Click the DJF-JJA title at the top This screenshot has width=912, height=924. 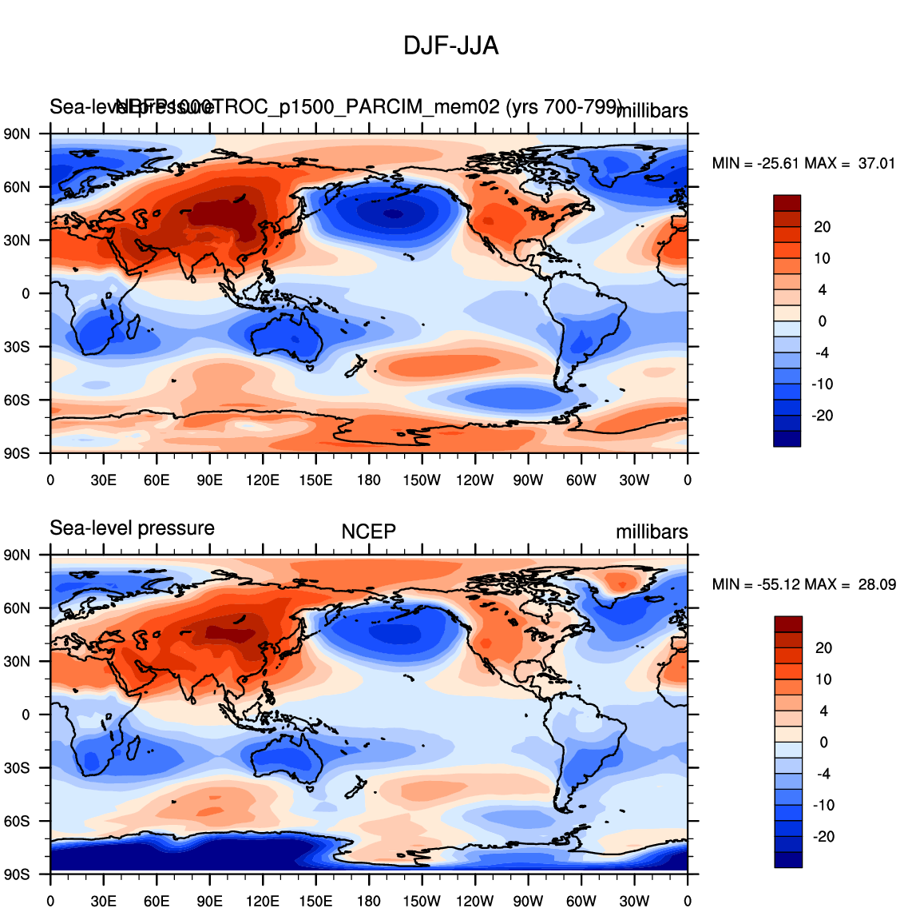[x=450, y=46]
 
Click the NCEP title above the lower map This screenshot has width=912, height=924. [x=368, y=532]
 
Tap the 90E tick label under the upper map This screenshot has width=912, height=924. [x=209, y=480]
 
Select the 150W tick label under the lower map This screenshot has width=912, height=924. [x=421, y=902]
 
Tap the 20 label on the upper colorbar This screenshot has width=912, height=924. [x=823, y=227]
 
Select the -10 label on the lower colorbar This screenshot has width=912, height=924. [x=823, y=805]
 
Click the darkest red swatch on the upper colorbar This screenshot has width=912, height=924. [x=787, y=203]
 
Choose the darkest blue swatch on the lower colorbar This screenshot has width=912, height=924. [x=787, y=859]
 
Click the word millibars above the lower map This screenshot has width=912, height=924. [x=651, y=532]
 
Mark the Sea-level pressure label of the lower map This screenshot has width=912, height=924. [x=132, y=528]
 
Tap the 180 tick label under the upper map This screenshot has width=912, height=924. [x=368, y=480]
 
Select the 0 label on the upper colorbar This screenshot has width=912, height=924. [x=823, y=321]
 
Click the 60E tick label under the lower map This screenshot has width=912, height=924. [x=157, y=902]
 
